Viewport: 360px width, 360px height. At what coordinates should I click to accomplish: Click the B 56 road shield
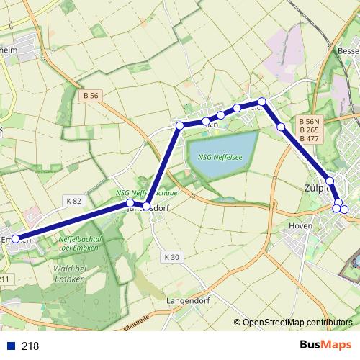click(91, 95)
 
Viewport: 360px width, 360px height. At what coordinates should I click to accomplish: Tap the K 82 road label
click(73, 200)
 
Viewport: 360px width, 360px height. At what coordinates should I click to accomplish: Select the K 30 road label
click(171, 256)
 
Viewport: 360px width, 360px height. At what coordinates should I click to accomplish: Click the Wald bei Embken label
click(71, 274)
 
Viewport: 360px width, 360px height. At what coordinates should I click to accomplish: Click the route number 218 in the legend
click(30, 346)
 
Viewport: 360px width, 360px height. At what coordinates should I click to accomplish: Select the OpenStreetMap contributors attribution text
click(297, 323)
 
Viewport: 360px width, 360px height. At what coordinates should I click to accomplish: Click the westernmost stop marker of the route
click(16, 238)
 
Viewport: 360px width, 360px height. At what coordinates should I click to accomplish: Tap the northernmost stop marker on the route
click(263, 102)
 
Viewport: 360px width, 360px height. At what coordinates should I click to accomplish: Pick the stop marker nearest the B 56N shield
click(281, 127)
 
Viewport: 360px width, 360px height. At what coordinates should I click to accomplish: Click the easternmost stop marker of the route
click(344, 210)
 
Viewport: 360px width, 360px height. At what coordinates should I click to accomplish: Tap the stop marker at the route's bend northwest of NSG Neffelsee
click(180, 126)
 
